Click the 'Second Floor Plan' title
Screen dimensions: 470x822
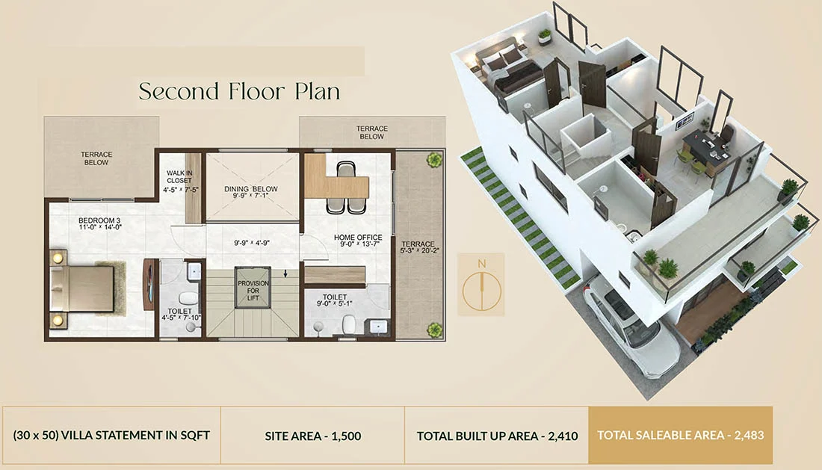pos(239,91)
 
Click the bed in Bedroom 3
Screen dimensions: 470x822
pos(82,288)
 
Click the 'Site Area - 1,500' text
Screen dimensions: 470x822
pos(313,435)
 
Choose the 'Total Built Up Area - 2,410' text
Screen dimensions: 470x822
pos(497,435)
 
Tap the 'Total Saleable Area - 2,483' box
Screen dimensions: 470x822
pos(680,435)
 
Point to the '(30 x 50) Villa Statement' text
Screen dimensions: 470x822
pos(111,435)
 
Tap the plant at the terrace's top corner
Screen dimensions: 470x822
pos(433,159)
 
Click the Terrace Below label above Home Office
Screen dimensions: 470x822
pos(371,132)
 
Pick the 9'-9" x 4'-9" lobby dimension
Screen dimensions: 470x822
pos(251,243)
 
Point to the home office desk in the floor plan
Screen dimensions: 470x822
pos(338,184)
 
